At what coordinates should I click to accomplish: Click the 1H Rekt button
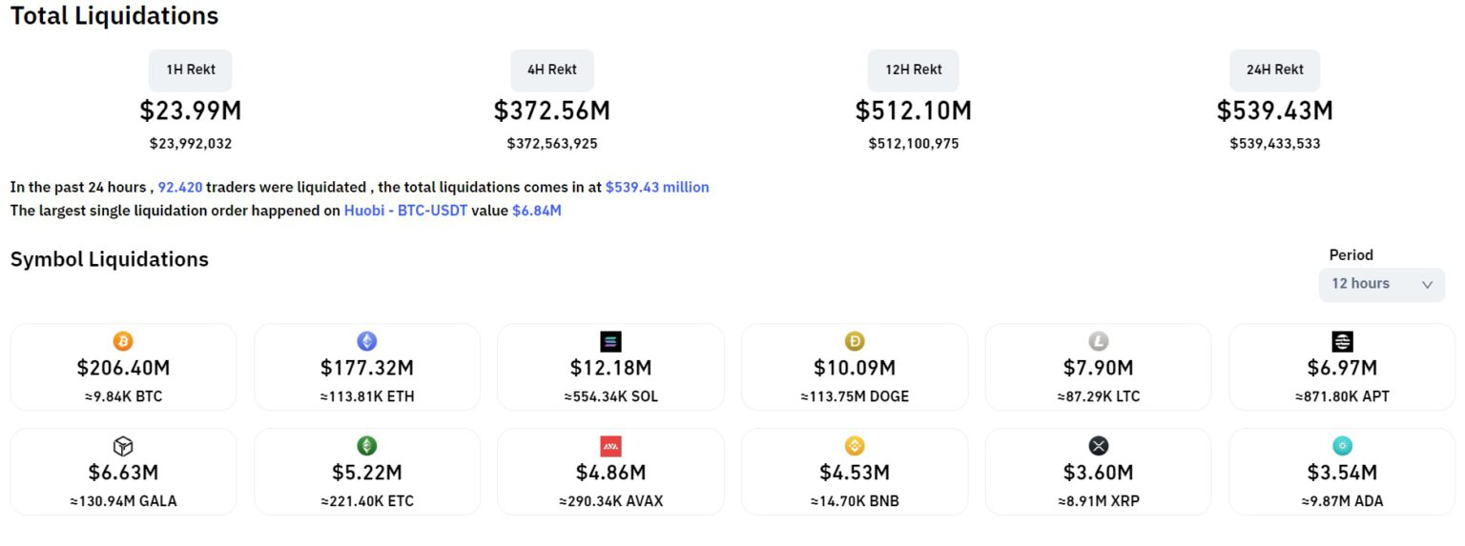pos(190,70)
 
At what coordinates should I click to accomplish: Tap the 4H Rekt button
pos(552,70)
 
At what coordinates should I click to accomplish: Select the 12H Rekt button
pos(913,70)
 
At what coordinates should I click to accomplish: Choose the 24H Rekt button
pos(1274,70)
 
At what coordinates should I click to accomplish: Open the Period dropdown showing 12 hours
pos(1381,284)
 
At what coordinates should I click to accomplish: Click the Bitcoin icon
pos(123,341)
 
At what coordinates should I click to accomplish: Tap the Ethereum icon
pos(367,341)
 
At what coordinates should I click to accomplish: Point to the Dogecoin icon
pos(855,341)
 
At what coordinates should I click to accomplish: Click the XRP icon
pos(1099,446)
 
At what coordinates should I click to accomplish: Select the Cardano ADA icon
pos(1342,446)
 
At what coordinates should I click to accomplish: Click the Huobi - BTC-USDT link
pos(405,211)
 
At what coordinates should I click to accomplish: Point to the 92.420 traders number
pos(180,188)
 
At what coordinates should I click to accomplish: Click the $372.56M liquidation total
pos(552,111)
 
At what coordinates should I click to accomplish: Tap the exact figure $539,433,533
pos(1274,144)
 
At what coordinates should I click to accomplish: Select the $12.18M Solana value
pos(610,368)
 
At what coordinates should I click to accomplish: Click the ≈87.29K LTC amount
pos(1098,396)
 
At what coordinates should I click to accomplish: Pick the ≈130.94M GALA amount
pos(123,501)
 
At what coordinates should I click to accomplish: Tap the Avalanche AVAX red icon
pos(610,446)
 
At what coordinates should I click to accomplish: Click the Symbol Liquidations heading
pos(110,259)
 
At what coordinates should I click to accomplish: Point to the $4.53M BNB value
pos(855,473)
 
